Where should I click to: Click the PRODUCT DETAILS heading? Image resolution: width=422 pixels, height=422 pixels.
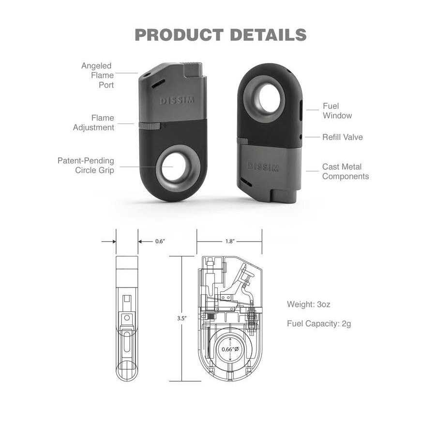[220, 35]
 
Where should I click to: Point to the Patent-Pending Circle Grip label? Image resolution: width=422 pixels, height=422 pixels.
[86, 165]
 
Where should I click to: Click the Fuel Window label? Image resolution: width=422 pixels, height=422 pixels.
[337, 111]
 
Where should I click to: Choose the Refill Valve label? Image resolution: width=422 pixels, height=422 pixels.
[343, 137]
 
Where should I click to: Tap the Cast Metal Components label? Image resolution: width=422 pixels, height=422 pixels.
[346, 171]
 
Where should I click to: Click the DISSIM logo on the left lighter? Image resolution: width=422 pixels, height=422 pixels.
[177, 101]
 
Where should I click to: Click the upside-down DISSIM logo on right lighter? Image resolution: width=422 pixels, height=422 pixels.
[263, 166]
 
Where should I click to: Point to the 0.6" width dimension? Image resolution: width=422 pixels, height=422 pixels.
[160, 241]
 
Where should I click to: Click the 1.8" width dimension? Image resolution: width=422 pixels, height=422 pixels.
[229, 241]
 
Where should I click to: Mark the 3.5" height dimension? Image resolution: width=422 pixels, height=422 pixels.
[182, 318]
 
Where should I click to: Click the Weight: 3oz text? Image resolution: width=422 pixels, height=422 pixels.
[309, 304]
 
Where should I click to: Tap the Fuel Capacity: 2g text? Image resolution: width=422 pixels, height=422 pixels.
[319, 323]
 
